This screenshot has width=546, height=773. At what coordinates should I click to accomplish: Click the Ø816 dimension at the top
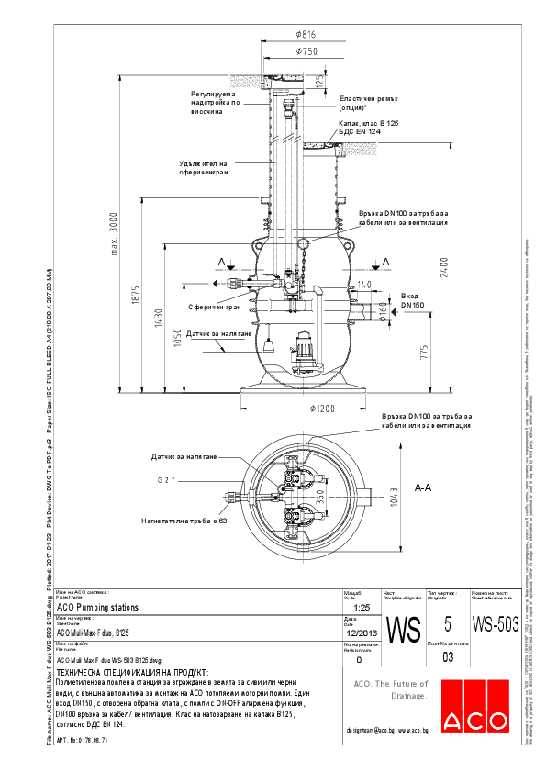(306, 34)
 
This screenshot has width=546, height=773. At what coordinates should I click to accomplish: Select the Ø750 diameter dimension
(306, 52)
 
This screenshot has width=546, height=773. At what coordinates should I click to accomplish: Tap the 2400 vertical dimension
(443, 260)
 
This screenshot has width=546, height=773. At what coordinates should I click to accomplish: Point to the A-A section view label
(423, 488)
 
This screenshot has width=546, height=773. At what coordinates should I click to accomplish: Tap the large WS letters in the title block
(403, 631)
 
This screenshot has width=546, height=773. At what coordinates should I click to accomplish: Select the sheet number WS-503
(496, 624)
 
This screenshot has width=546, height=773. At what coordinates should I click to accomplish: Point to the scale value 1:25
(360, 608)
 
